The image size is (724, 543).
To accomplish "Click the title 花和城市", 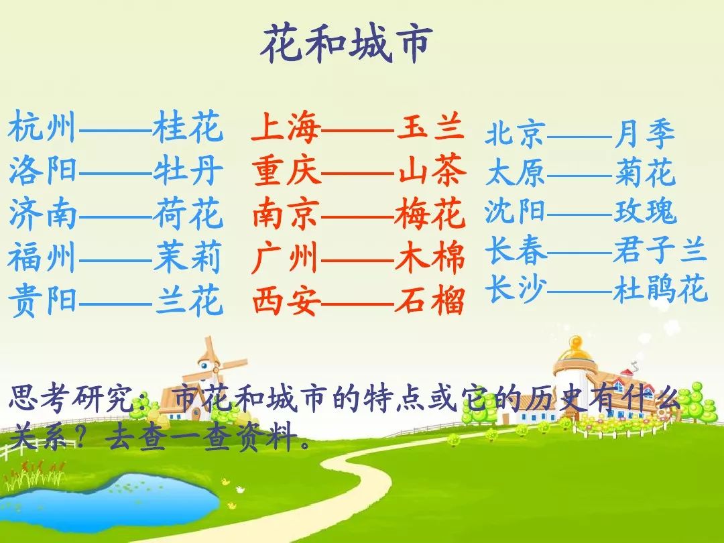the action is coord(347,44).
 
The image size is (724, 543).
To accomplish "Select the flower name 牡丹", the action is coord(188,170).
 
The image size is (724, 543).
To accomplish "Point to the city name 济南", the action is coord(42,213).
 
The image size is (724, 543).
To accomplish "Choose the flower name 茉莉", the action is coord(188,257).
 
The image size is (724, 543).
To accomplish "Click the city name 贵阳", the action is coord(42,300).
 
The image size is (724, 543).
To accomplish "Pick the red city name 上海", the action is coord(286,128).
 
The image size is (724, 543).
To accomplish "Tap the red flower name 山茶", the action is coord(431,170).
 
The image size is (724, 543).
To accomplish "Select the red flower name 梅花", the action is coord(430,213).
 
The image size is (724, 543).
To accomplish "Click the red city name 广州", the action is coord(286,257).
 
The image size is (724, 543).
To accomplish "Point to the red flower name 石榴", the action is coord(430,300).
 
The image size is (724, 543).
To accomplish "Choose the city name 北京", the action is coord(516,134).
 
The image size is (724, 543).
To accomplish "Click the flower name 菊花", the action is coord(645,173).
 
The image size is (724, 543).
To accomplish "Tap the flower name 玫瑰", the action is coord(646,211).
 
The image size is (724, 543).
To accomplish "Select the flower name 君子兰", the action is coord(660,250).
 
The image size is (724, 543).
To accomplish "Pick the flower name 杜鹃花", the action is coord(660,288).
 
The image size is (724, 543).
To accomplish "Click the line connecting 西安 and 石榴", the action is coord(358,304).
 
